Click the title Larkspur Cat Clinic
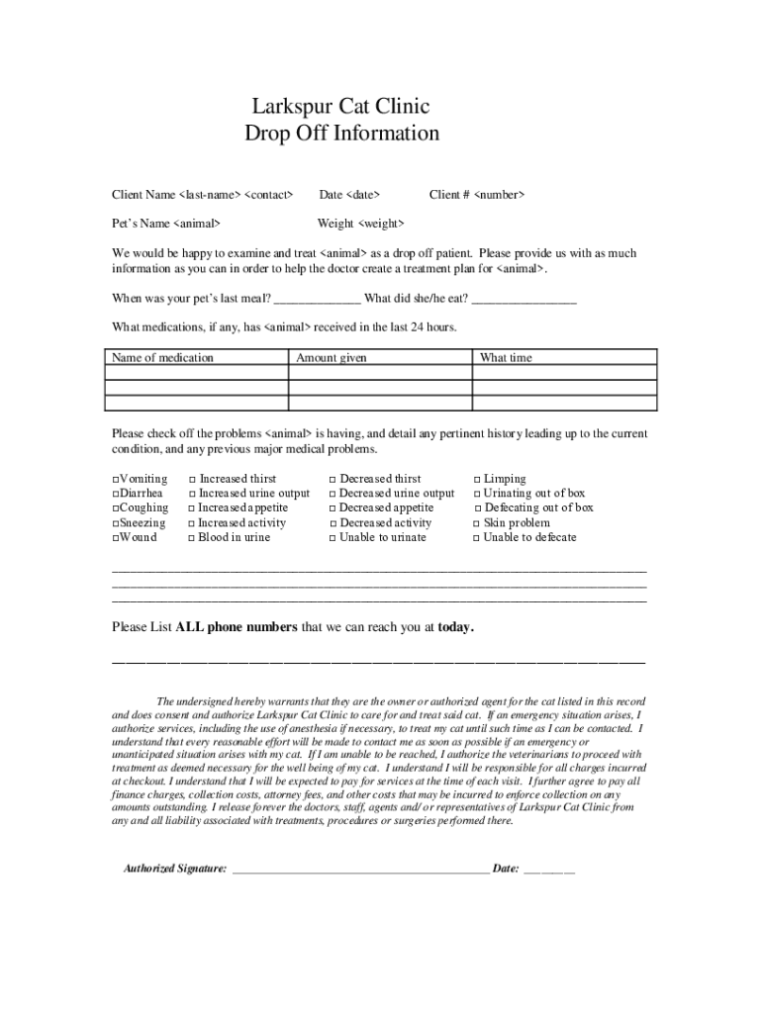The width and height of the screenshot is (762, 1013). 340,107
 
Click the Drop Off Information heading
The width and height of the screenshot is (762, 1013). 341,134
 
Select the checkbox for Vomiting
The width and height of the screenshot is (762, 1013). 116,480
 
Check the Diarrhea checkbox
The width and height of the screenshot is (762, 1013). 116,494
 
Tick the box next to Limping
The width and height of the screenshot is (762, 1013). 475,480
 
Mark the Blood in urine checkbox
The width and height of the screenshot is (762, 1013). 191,538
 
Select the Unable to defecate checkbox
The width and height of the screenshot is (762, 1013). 475,538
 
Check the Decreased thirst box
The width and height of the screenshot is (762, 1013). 333,480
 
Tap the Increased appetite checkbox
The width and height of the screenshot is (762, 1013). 191,508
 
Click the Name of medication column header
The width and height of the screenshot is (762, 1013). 162,358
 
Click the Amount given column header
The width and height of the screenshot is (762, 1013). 332,358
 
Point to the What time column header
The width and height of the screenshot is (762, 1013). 506,358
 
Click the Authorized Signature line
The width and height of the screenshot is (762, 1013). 360,870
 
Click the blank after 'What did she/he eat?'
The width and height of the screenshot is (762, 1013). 524,300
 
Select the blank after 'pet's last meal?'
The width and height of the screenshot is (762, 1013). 317,300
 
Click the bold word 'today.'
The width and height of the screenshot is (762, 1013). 456,627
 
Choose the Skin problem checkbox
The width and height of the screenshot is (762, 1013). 475,523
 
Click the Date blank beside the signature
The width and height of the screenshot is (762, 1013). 549,870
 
